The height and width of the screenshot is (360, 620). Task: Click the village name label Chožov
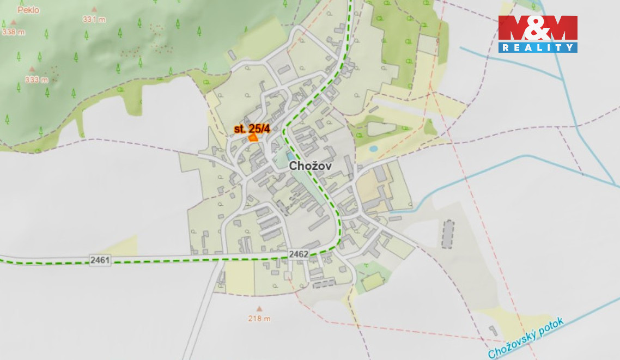[x=310, y=166]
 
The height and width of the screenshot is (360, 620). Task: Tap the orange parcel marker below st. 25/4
[x=253, y=138]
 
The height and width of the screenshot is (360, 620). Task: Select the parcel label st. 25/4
[x=252, y=129]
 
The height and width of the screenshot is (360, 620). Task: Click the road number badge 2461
[x=100, y=261]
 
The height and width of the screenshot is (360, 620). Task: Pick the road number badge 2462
[x=299, y=254]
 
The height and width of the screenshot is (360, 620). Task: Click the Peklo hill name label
[x=28, y=10]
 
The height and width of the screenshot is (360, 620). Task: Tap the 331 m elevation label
[x=94, y=19]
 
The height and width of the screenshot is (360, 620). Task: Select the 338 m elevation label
[x=14, y=32]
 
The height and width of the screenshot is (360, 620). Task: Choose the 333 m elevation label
[x=37, y=80]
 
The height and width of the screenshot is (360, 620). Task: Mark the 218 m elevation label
[x=259, y=319]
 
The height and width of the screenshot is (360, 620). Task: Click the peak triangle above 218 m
[x=259, y=309]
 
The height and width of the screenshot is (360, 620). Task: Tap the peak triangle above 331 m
[x=94, y=9]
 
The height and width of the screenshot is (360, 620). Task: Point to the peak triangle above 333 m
[x=32, y=69]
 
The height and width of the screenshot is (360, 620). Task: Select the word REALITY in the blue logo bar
[x=537, y=48]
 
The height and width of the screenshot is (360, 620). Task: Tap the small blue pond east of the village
[x=373, y=148]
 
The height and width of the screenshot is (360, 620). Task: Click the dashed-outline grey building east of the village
[x=447, y=234]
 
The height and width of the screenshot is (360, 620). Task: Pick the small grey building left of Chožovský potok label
[x=493, y=331]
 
